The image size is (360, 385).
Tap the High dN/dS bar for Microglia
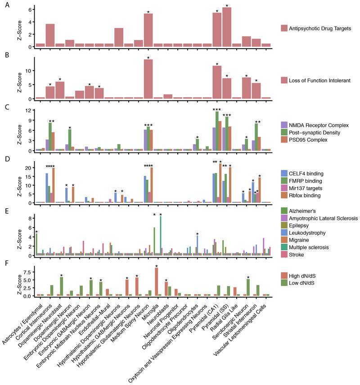pyautogui.click(x=156, y=282)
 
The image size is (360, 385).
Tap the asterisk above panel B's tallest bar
pyautogui.click(x=148, y=58)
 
